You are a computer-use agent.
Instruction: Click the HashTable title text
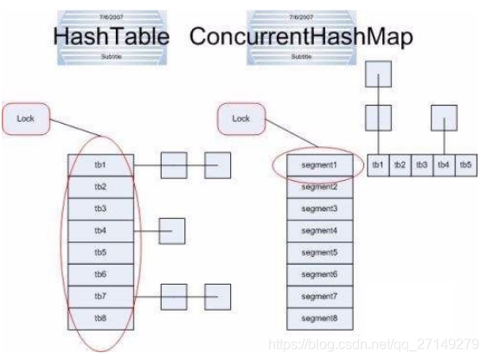point(111,37)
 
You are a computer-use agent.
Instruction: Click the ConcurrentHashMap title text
point(300,37)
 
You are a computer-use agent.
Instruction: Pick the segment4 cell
point(318,231)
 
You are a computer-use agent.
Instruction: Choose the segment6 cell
point(318,273)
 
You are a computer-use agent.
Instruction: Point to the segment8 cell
point(318,317)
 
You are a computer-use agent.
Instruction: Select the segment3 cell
point(318,209)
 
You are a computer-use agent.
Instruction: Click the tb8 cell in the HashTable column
point(100,317)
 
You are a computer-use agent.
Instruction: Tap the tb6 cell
point(100,273)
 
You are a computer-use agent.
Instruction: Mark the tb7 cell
point(100,295)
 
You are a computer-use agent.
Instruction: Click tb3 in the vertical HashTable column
point(100,209)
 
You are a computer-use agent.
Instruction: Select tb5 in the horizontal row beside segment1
point(465,164)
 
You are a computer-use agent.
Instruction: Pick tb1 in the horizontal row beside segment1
point(378,164)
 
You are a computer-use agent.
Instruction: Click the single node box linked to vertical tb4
point(172,230)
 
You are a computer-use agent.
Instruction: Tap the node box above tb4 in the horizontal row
point(444,118)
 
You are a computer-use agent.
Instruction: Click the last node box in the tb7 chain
point(217,295)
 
